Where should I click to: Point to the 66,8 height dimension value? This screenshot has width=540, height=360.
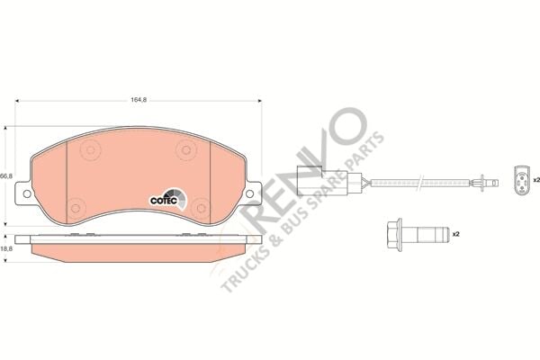[x=5, y=175]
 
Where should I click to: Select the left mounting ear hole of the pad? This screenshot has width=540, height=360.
[x=26, y=193]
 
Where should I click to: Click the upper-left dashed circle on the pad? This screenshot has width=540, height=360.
[x=91, y=150]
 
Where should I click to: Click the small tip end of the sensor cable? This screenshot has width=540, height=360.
[x=489, y=184]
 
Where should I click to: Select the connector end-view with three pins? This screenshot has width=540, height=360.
[x=519, y=178]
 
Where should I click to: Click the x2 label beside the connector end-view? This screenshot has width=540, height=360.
[x=535, y=180]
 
